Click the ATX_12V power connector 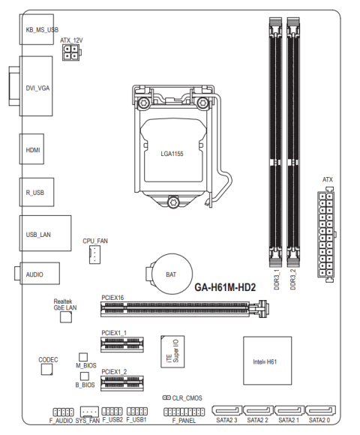pyautogui.click(x=71, y=52)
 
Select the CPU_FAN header pyautogui.click(x=94, y=255)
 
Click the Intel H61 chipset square pyautogui.click(x=267, y=361)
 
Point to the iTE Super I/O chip pyautogui.click(x=172, y=352)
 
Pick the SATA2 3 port pyautogui.click(x=226, y=410)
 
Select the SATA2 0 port pyautogui.click(x=320, y=410)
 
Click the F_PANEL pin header pyautogui.click(x=184, y=412)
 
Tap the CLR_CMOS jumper pyautogui.click(x=166, y=397)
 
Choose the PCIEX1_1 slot pyautogui.click(x=122, y=344)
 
